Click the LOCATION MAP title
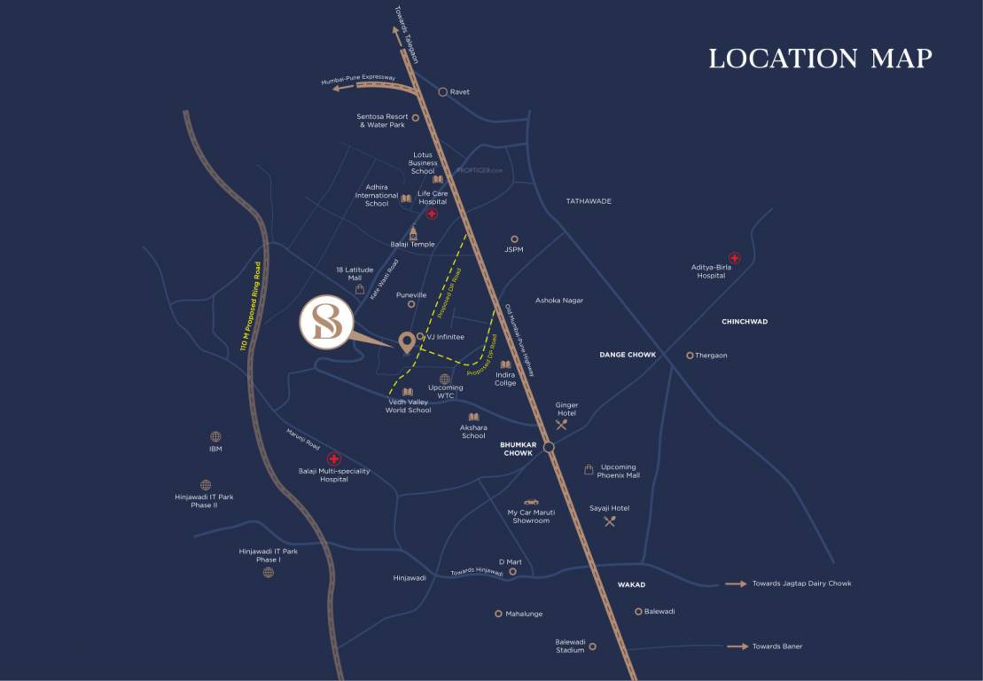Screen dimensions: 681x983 [820, 59]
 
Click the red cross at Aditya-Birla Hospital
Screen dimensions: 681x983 [734, 257]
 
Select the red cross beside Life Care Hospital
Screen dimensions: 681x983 [432, 214]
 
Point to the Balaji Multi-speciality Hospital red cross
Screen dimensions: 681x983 [333, 458]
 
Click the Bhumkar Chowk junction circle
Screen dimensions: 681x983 [549, 447]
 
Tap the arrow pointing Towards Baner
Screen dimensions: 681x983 [737, 646]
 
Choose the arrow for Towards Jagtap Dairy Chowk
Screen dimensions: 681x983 [736, 583]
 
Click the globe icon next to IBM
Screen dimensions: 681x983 [215, 436]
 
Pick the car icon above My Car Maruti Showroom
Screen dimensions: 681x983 [530, 501]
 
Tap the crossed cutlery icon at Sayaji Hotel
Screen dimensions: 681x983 [609, 521]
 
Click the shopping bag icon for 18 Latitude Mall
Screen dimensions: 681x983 [360, 289]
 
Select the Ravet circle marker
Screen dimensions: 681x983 [442, 91]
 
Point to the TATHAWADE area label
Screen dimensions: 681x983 [589, 201]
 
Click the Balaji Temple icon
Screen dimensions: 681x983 [412, 231]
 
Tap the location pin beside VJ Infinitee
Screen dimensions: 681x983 [407, 341]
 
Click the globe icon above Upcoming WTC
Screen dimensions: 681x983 [445, 379]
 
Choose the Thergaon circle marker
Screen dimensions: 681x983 [690, 356]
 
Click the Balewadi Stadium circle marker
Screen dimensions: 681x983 [592, 646]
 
